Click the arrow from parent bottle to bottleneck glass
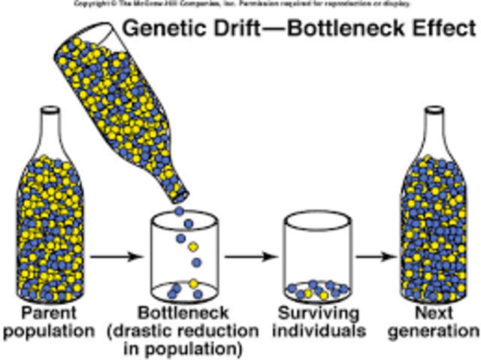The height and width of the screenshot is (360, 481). (x=116, y=256)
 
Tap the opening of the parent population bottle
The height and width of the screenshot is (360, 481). (x=50, y=110)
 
